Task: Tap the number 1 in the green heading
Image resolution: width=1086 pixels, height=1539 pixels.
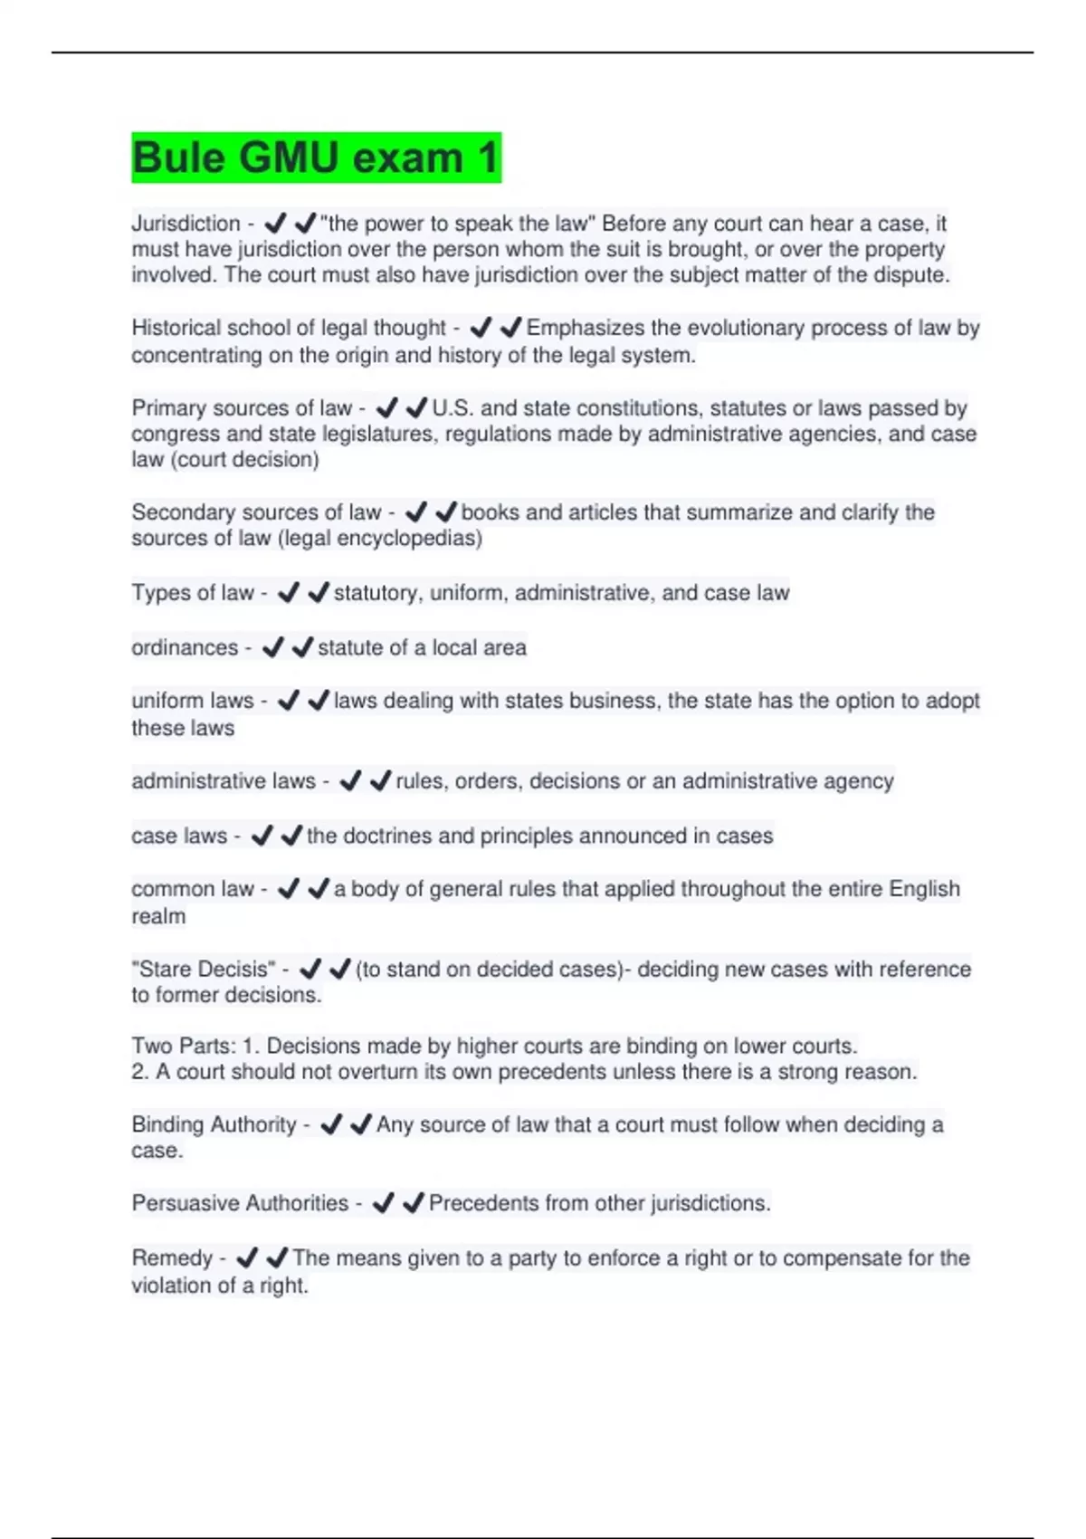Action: click(x=487, y=158)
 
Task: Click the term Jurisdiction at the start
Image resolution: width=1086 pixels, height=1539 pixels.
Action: click(x=186, y=224)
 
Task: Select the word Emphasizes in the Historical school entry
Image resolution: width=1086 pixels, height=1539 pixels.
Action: click(x=586, y=328)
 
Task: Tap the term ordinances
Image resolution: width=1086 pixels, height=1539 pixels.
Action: click(x=185, y=648)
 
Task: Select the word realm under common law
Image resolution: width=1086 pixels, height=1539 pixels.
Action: click(x=158, y=916)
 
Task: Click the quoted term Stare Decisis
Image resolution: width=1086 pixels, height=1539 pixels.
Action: click(x=204, y=970)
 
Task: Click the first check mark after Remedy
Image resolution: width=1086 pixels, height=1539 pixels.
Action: click(x=247, y=1257)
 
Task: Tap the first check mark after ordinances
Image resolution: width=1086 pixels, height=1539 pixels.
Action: click(x=272, y=647)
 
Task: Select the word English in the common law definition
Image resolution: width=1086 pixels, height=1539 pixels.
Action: click(x=924, y=889)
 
